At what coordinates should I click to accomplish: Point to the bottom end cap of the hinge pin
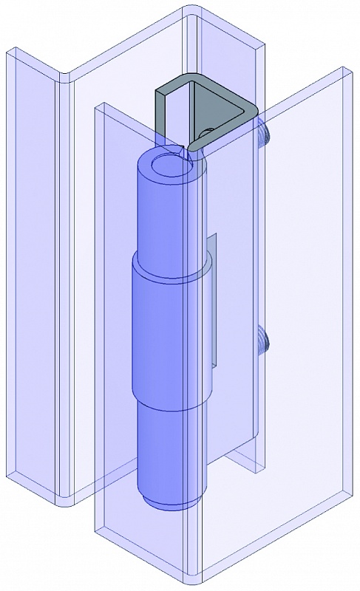pos(170,505)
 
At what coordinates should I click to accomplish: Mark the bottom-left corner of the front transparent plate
pos(97,533)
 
